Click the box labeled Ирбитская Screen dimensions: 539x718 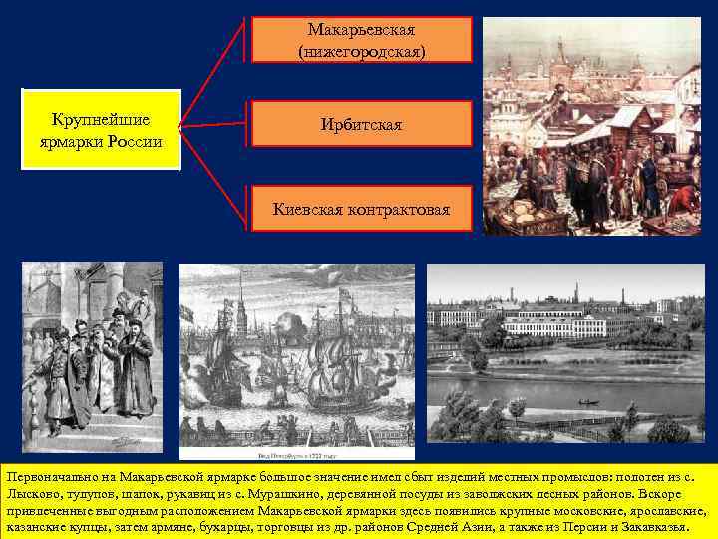(362, 124)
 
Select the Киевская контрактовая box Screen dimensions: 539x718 (362, 210)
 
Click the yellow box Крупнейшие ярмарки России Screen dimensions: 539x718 (101, 129)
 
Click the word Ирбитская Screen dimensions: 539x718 (362, 124)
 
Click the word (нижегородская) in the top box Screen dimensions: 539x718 (362, 49)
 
